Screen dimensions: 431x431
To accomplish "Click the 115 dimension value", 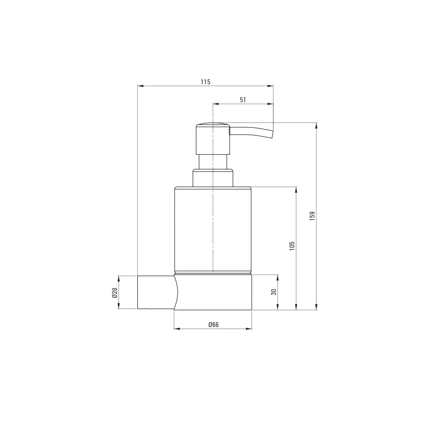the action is tap(205, 82).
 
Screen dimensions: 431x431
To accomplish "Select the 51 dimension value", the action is tap(243, 100).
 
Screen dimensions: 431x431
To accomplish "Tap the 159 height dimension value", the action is tap(312, 216).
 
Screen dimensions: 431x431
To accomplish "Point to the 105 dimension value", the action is tap(292, 246).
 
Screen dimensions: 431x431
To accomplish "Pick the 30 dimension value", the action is tap(274, 292).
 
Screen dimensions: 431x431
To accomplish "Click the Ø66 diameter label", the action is tap(213, 324).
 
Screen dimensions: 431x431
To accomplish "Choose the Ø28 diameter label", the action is tap(115, 293).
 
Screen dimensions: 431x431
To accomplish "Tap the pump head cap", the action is tap(213, 138).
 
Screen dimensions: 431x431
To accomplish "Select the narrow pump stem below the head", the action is tap(213, 162).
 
